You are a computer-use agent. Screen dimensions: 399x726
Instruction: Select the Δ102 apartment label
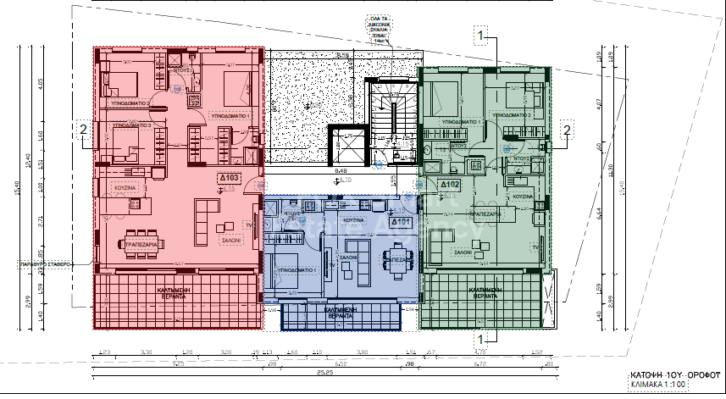(x=449, y=184)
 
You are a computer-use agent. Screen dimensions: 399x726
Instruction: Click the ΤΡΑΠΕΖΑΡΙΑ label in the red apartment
(x=143, y=244)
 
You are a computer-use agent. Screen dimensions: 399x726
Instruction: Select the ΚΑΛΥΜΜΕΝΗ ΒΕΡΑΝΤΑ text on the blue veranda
(x=340, y=313)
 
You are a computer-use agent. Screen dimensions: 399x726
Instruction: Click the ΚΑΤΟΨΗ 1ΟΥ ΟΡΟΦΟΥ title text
(x=662, y=374)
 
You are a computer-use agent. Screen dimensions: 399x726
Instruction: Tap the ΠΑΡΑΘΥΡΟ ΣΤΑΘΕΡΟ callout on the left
(x=46, y=264)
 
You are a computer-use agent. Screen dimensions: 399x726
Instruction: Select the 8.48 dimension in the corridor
(x=341, y=172)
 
